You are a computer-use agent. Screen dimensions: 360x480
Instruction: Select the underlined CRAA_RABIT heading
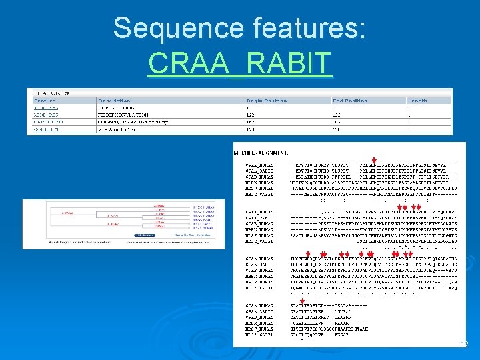(x=239, y=63)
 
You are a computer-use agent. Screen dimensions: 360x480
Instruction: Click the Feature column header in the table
(x=45, y=101)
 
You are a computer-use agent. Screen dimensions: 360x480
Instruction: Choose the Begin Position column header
(x=267, y=101)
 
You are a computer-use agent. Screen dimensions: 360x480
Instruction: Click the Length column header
(x=418, y=101)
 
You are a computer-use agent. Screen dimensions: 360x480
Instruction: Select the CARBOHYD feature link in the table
(x=47, y=121)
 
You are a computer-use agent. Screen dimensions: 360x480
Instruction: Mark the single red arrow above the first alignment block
(x=375, y=160)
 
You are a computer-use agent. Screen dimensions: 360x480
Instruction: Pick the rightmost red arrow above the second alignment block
(x=418, y=208)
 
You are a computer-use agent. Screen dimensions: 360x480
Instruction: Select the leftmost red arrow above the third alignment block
(x=308, y=254)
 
